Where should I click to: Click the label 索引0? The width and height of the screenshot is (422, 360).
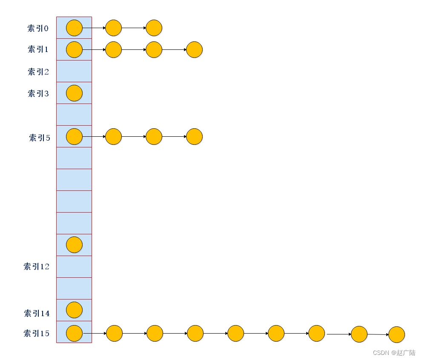point(38,29)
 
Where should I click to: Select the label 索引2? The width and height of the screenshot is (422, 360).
point(38,72)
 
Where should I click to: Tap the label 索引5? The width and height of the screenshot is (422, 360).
point(40,138)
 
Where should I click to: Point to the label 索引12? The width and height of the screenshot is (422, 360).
point(36,267)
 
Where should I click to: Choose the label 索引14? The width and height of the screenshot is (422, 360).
point(37,314)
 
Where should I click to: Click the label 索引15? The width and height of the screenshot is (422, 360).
point(36,334)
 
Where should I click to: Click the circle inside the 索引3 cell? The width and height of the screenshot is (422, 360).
point(74,93)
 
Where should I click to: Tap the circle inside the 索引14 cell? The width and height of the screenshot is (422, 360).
point(74,310)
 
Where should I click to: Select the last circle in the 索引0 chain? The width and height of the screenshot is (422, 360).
point(154,28)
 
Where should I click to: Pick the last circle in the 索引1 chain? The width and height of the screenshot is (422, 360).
point(194,50)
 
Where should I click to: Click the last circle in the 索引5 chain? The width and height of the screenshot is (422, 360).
point(194,136)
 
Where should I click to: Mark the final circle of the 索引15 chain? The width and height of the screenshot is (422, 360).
point(396,334)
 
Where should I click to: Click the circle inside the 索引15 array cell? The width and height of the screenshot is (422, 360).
point(74,333)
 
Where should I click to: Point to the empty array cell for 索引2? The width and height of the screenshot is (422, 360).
point(74,71)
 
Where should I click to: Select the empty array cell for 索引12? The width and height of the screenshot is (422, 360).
point(74,267)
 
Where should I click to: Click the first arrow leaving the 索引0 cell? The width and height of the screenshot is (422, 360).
point(94,28)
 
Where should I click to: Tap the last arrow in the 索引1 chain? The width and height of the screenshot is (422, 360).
point(174,50)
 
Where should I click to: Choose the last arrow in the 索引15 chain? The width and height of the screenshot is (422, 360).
point(378,334)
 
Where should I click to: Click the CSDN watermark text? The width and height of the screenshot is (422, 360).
point(394,353)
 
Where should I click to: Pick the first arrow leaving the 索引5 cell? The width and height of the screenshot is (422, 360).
point(94,137)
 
